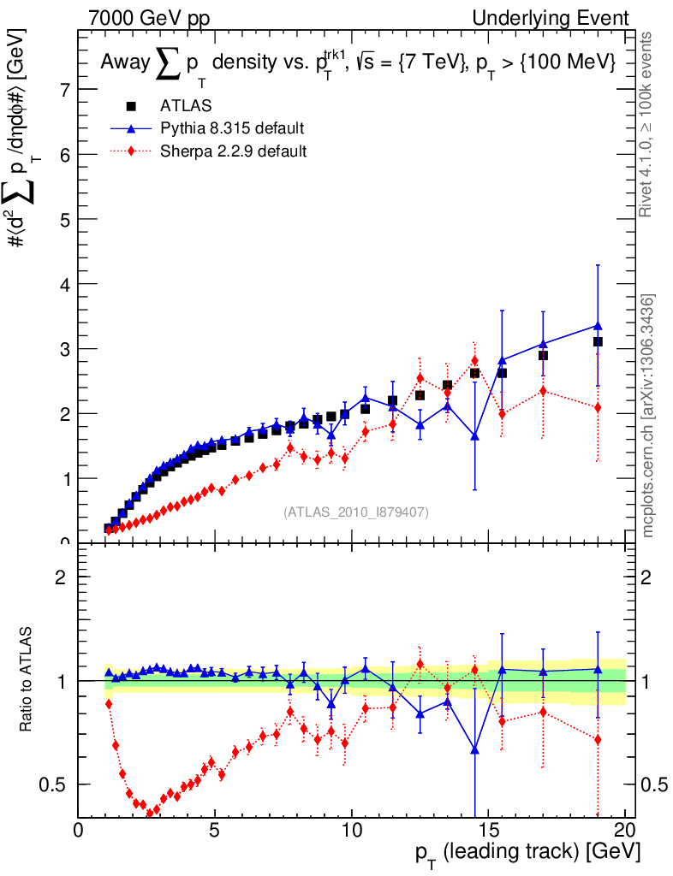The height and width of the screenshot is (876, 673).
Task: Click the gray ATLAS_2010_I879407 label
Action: pyautogui.click(x=356, y=512)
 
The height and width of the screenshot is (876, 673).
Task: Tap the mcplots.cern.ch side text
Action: pyautogui.click(x=648, y=415)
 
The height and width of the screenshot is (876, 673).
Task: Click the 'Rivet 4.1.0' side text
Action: pyautogui.click(x=648, y=125)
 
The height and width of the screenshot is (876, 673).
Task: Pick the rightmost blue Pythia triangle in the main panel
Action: pyautogui.click(x=598, y=325)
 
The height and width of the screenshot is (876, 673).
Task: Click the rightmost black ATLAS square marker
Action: pyautogui.click(x=598, y=341)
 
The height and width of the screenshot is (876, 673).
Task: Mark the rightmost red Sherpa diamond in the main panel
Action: pyautogui.click(x=598, y=407)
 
